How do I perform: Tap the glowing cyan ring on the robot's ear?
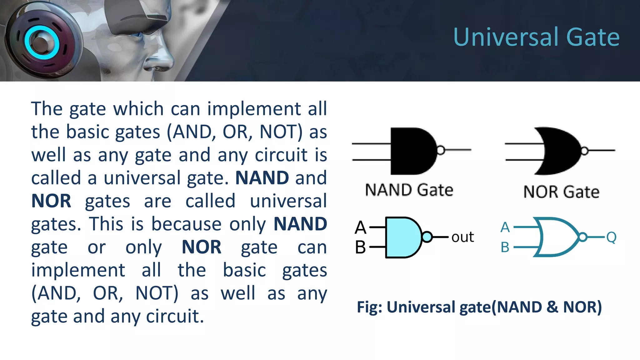click(42, 42)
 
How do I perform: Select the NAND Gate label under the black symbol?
click(409, 190)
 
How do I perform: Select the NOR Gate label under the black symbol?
click(561, 192)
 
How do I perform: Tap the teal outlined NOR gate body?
click(556, 237)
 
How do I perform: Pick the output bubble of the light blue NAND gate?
click(427, 237)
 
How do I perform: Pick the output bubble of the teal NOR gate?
click(582, 237)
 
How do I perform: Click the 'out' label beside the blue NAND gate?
click(462, 237)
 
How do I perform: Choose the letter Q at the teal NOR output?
click(611, 237)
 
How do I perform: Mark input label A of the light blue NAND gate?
click(360, 227)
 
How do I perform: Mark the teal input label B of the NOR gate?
click(505, 247)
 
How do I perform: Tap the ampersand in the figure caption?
click(552, 307)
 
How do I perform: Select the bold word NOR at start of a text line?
click(51, 201)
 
